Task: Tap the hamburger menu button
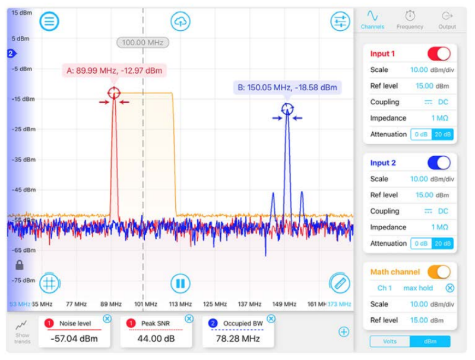pyautogui.click(x=49, y=21)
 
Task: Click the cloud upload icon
pyautogui.click(x=180, y=21)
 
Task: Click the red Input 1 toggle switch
pyautogui.click(x=439, y=53)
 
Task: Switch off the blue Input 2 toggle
pyautogui.click(x=439, y=163)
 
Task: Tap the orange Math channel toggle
pyautogui.click(x=439, y=272)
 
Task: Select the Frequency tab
pyautogui.click(x=410, y=20)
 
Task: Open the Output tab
pyautogui.click(x=447, y=20)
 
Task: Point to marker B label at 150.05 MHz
pyautogui.click(x=287, y=87)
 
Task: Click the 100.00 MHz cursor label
pyautogui.click(x=142, y=42)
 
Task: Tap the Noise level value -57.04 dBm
pyautogui.click(x=74, y=339)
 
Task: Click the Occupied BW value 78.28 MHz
pyautogui.click(x=237, y=339)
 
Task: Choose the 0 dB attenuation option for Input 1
pyautogui.click(x=420, y=134)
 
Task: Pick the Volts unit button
pyautogui.click(x=389, y=342)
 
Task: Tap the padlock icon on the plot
pyautogui.click(x=19, y=265)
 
